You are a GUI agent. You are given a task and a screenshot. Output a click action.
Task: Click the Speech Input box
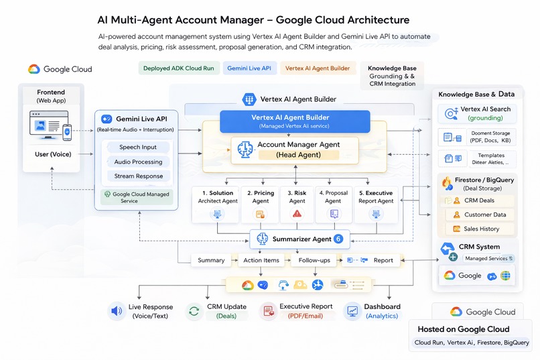138,147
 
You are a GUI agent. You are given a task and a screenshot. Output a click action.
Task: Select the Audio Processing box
138,162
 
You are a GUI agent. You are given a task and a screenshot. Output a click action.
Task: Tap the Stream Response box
138,176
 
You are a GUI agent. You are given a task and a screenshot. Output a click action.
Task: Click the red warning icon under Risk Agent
297,214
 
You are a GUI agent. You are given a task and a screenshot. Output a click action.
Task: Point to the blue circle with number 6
338,239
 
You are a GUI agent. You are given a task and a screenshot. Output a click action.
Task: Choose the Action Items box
261,260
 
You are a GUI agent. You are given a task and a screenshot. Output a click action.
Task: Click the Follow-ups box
314,260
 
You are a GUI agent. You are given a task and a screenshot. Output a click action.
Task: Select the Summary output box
211,260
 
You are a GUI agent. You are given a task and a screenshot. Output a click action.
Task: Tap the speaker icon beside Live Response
117,311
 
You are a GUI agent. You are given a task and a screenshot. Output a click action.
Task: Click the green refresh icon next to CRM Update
194,311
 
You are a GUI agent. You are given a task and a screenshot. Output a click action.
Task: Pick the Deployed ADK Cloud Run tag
178,68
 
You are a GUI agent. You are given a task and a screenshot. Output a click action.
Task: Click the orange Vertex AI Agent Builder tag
317,68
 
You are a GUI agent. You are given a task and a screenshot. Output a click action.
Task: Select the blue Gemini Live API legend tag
249,68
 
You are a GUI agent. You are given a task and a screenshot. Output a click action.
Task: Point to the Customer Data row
480,215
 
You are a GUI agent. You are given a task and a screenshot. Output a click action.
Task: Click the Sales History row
480,229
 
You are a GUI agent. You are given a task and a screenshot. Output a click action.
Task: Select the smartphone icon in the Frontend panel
67,132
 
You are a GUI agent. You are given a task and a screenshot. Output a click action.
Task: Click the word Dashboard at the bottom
382,306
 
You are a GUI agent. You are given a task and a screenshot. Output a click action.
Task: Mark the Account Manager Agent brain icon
245,150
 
